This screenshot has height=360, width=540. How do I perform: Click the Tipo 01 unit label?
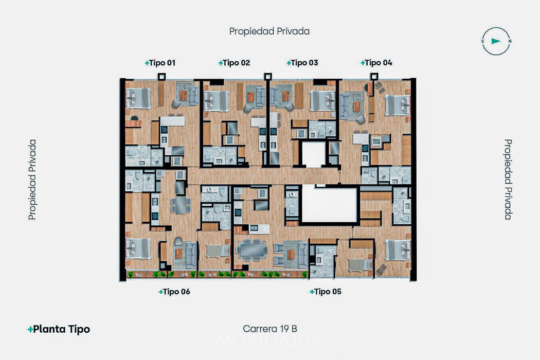pyautogui.click(x=160, y=63)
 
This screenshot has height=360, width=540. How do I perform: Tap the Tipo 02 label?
pyautogui.click(x=234, y=63)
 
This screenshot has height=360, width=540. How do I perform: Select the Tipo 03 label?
pyautogui.click(x=302, y=63)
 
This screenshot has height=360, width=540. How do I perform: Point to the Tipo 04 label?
pyautogui.click(x=376, y=63)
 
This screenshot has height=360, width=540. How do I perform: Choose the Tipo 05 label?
pyautogui.click(x=326, y=292)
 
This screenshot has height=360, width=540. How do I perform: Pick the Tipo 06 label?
pyautogui.click(x=174, y=292)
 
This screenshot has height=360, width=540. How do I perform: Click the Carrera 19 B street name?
pyautogui.click(x=270, y=329)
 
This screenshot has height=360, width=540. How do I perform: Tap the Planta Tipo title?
pyautogui.click(x=59, y=329)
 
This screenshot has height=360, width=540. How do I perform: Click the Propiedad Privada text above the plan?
pyautogui.click(x=269, y=31)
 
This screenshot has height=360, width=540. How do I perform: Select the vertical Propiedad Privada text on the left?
pyautogui.click(x=32, y=179)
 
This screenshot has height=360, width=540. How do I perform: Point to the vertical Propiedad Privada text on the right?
pyautogui.click(x=508, y=179)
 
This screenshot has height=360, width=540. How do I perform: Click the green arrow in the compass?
pyautogui.click(x=496, y=41)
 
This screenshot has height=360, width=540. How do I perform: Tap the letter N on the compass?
pyautogui.click(x=510, y=41)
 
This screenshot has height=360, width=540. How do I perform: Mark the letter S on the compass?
pyautogui.click(x=482, y=41)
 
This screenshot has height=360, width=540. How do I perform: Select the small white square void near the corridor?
pyautogui.click(x=313, y=154)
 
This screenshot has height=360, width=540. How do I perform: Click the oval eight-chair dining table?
pyautogui.click(x=253, y=250)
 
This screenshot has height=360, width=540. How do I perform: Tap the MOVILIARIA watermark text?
pyautogui.click(x=270, y=340)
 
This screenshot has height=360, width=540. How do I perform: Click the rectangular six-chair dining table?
pyautogui.click(x=180, y=205)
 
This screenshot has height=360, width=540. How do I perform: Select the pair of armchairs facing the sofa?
pyautogui.click(x=279, y=255)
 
